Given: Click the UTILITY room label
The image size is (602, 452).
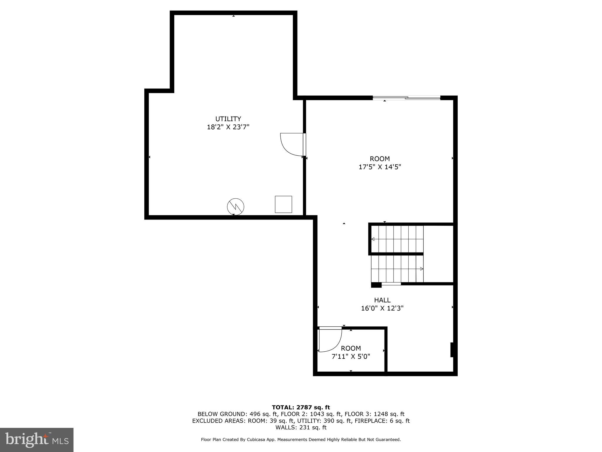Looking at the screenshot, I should pyautogui.click(x=228, y=119).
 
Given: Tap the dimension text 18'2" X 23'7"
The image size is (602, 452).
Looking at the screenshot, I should pyautogui.click(x=228, y=127).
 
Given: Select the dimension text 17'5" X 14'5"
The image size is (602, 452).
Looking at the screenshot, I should pyautogui.click(x=380, y=167).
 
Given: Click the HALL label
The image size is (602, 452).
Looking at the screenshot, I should pyautogui.click(x=382, y=300).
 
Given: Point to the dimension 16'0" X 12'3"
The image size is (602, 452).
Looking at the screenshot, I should pyautogui.click(x=382, y=308).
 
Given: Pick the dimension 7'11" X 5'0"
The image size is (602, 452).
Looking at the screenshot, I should pyautogui.click(x=351, y=357).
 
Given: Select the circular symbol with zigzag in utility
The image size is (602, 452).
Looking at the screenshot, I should pyautogui.click(x=235, y=207).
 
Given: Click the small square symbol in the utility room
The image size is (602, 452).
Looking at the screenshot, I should pyautogui.click(x=283, y=204).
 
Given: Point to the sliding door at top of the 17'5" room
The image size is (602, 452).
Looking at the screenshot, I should pyautogui.click(x=406, y=98).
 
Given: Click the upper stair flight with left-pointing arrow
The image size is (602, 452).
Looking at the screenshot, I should pyautogui.click(x=397, y=239).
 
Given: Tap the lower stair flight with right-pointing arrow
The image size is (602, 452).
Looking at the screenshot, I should pyautogui.click(x=397, y=269).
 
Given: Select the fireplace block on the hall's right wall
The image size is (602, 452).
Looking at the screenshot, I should pyautogui.click(x=452, y=350).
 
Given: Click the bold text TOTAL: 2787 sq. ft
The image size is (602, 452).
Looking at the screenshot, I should pyautogui.click(x=301, y=408).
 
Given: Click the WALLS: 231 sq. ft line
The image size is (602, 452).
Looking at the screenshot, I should pyautogui.click(x=301, y=428).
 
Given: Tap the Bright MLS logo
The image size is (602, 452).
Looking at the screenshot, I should pyautogui.click(x=37, y=440).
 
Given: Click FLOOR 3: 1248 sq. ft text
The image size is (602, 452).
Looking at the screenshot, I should pyautogui.click(x=374, y=414).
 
